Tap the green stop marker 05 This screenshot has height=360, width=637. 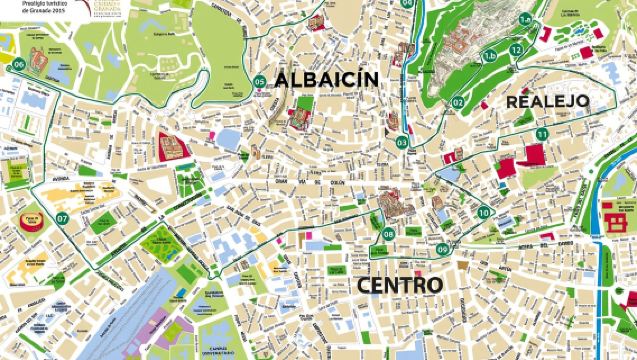[259, 82]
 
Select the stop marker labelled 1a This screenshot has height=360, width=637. [525, 19]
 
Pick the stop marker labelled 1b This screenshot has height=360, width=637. [490, 56]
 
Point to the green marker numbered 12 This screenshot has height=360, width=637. [516, 50]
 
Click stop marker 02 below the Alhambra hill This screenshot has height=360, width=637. [456, 101]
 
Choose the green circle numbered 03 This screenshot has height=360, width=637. [402, 142]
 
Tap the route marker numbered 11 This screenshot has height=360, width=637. [542, 133]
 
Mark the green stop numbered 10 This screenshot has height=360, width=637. [484, 212]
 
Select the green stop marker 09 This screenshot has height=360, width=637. [442, 249]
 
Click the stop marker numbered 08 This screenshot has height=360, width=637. [387, 235]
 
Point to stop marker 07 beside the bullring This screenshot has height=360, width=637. [62, 217]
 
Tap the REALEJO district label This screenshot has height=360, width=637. [547, 101]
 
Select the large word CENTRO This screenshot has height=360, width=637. [399, 285]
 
